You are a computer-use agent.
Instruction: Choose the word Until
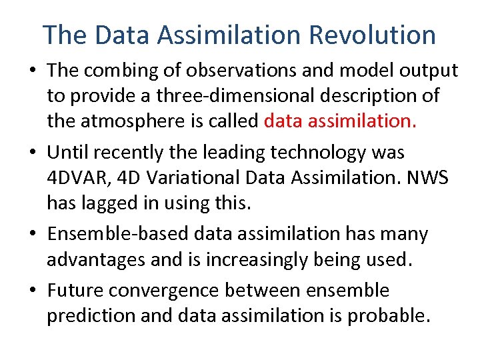(68, 153)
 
